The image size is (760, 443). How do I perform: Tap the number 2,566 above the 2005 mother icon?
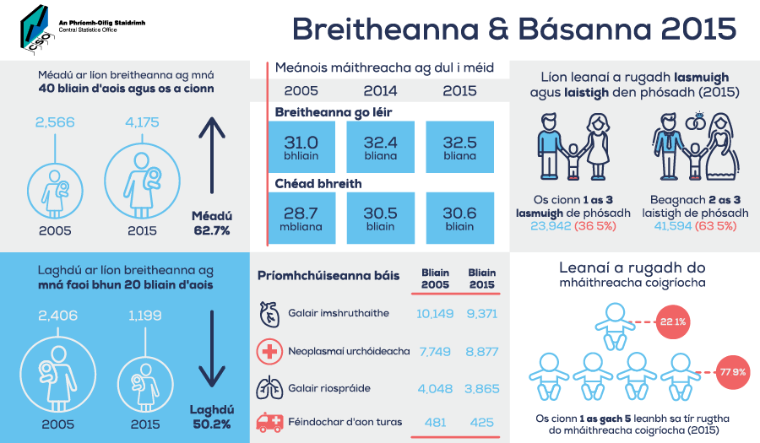[55, 122]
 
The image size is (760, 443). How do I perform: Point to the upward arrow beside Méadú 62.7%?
[212, 155]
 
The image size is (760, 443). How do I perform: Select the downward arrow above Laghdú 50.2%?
[212, 348]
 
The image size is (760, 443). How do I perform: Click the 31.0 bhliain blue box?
[301, 147]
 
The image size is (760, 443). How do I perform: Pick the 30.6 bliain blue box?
[460, 218]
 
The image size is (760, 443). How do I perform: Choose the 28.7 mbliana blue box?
[301, 218]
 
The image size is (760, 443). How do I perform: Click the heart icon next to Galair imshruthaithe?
[269, 314]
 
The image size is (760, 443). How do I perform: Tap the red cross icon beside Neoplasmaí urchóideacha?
[269, 351]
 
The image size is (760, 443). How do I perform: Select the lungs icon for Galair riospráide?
[269, 388]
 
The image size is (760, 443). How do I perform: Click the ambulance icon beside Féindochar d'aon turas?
[269, 422]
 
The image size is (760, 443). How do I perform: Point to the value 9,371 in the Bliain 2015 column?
[482, 314]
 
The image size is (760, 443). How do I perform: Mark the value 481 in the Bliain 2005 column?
[435, 423]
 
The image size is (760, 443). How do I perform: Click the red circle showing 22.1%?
[673, 321]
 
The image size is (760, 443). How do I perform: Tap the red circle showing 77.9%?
[733, 372]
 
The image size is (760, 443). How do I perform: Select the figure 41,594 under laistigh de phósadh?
[673, 226]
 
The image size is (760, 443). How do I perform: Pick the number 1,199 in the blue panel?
[145, 316]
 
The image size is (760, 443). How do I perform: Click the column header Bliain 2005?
[435, 278]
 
